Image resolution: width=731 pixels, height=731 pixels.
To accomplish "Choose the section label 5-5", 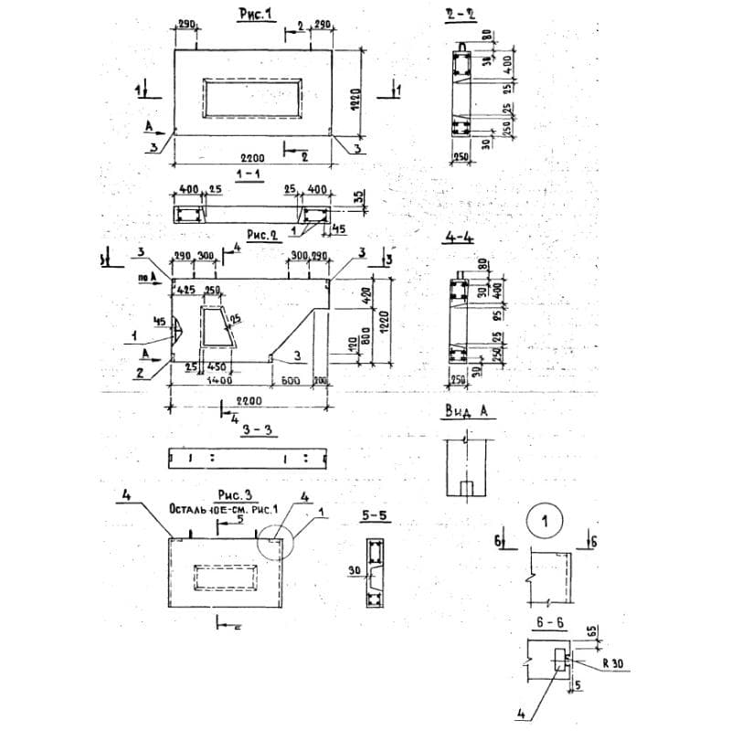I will tap(374, 516).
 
